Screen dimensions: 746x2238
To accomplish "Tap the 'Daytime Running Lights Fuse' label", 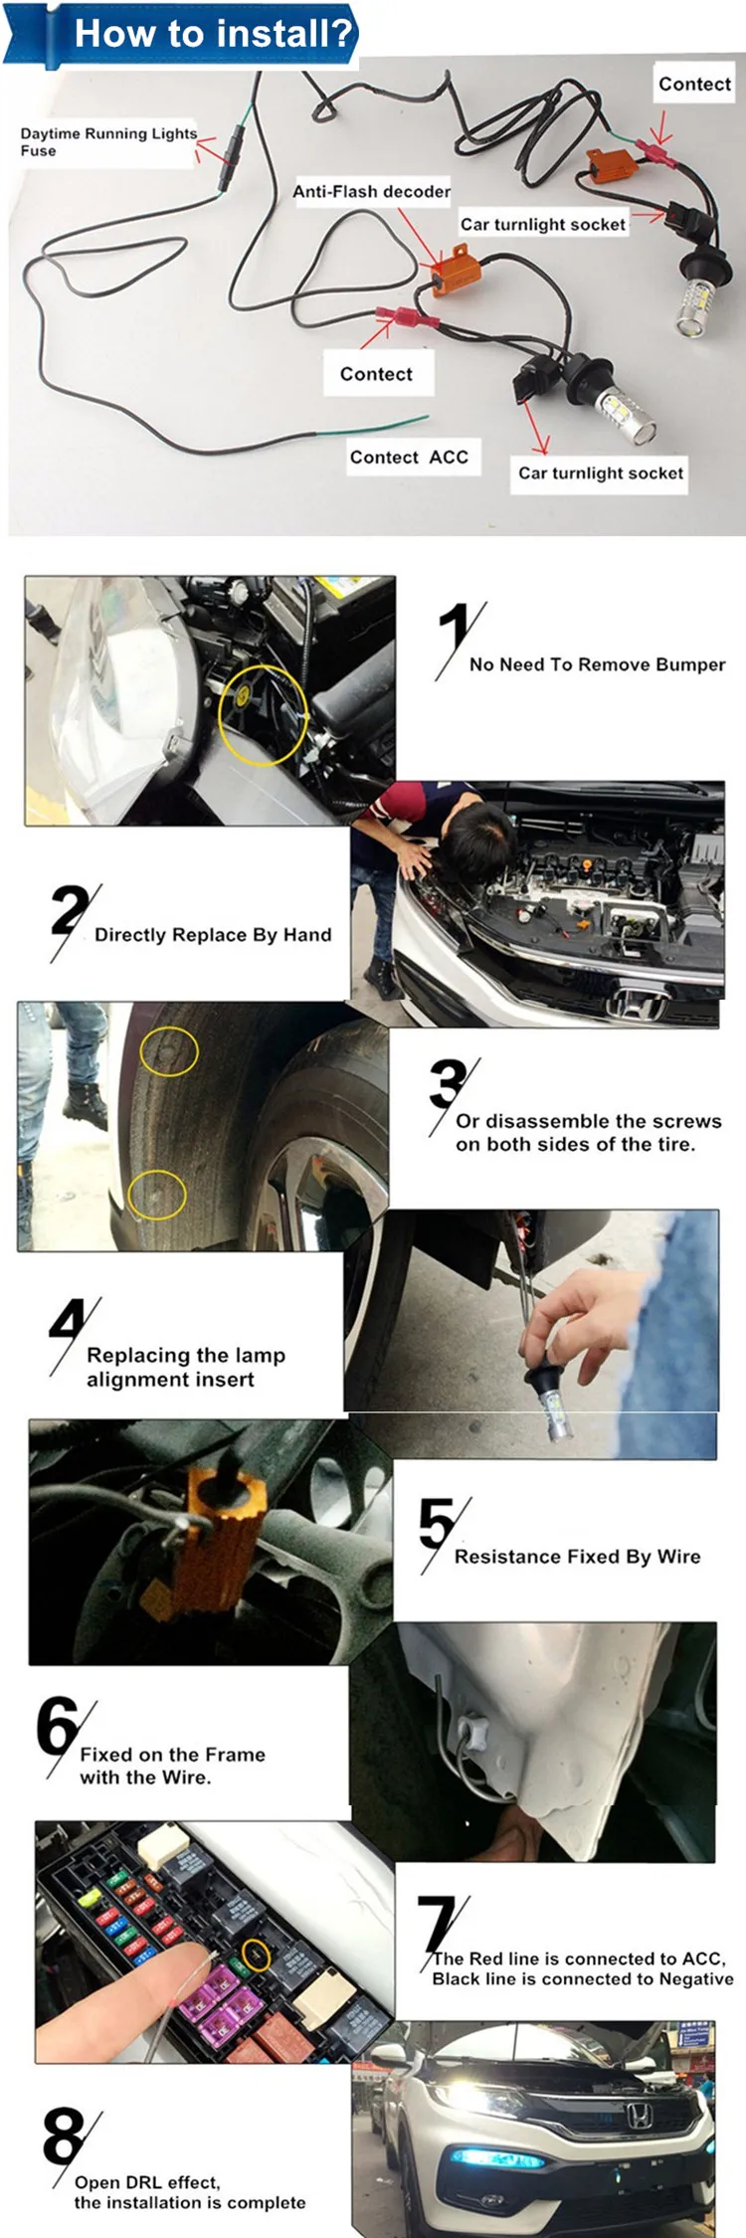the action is coord(108,141).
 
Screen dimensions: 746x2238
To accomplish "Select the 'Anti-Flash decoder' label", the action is coord(371,191).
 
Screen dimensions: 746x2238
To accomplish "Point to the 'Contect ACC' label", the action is coord(409,458).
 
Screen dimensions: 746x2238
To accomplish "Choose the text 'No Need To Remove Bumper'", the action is coord(597,664).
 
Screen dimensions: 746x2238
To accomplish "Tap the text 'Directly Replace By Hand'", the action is coord(213,935).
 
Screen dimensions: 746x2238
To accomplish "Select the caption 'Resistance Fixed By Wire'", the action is coord(577,1557).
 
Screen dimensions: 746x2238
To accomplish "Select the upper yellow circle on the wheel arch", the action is coord(169,1051).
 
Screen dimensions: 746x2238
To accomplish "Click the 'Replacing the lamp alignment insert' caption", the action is coord(185,1367).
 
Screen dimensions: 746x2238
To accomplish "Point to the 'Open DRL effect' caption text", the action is coord(147,2182).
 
